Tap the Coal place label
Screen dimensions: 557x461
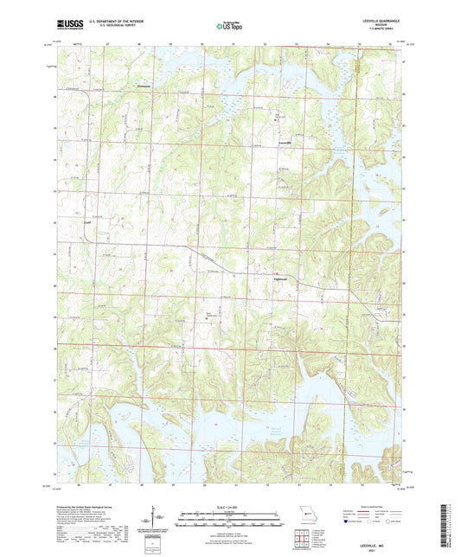(86, 221)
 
